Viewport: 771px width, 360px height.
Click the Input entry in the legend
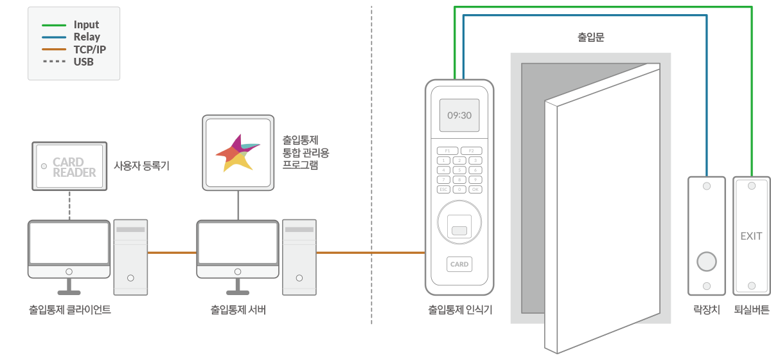(x=86, y=25)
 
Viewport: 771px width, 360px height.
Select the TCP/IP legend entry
(x=89, y=50)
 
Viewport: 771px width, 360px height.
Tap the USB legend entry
(x=84, y=62)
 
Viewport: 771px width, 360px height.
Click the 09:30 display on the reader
(x=459, y=116)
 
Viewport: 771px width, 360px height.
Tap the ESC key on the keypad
(x=444, y=189)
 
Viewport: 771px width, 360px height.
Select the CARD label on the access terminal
(x=459, y=264)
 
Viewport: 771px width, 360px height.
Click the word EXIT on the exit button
(x=751, y=237)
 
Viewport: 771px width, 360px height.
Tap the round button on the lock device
(x=706, y=262)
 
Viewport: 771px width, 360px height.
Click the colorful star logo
(x=238, y=153)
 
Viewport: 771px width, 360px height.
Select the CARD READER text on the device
(x=74, y=167)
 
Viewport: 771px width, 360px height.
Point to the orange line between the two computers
(x=172, y=253)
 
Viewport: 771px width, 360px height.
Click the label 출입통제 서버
(x=238, y=310)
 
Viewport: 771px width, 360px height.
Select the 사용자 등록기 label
(x=142, y=166)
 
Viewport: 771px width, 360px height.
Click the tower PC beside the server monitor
(x=299, y=256)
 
